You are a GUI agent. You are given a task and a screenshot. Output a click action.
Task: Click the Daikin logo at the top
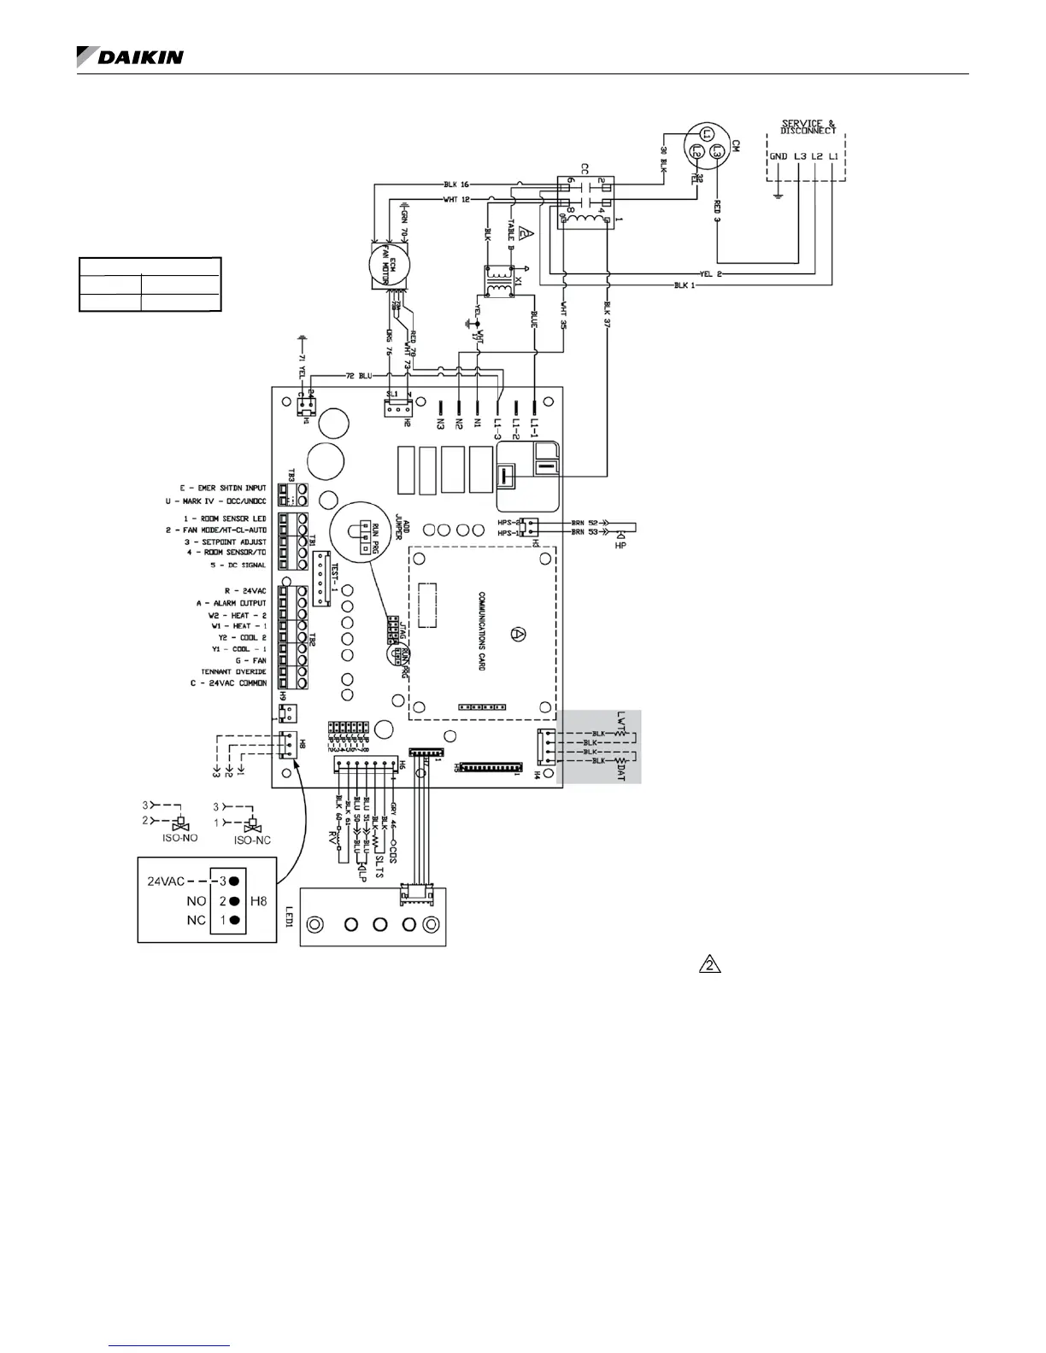130,56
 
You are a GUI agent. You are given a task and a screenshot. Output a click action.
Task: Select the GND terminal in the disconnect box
779,157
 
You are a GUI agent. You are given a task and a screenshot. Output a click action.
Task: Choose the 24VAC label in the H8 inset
167,881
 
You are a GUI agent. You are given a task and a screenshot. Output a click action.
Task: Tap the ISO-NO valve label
179,838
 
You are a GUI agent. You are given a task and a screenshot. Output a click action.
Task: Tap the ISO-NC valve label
253,840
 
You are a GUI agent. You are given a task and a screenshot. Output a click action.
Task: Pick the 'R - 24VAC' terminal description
245,591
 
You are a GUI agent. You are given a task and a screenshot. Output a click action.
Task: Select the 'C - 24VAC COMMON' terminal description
228,683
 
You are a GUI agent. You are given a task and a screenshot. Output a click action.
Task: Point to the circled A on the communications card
517,633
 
